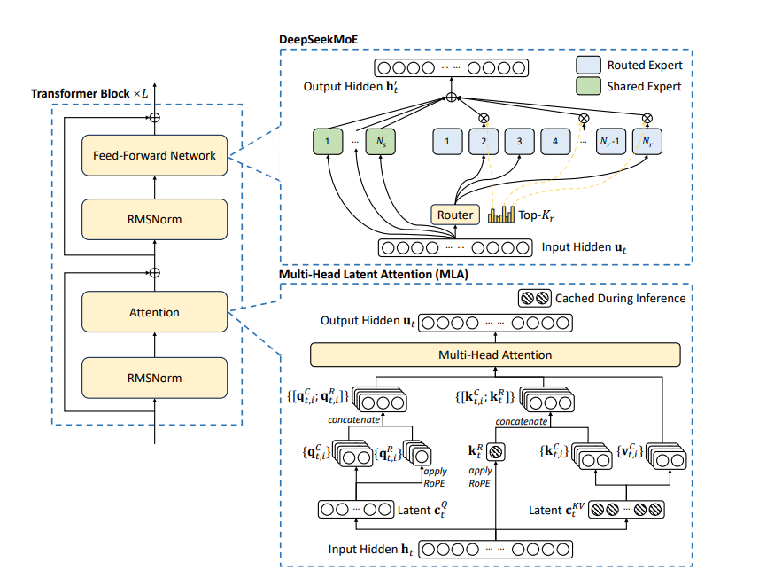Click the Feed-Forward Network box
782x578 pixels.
click(155, 155)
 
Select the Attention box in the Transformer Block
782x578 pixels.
click(155, 312)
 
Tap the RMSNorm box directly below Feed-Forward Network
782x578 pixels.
click(155, 219)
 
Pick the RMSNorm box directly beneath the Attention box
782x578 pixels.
click(155, 378)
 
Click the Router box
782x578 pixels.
click(455, 215)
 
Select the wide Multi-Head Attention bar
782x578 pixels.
click(495, 355)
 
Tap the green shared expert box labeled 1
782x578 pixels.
click(328, 141)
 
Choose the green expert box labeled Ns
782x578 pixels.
click(381, 141)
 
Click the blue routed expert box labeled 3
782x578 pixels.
click(519, 141)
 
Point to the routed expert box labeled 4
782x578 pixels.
click(555, 141)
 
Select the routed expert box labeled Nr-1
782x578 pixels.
click(611, 141)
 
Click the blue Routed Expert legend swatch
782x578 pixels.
click(589, 65)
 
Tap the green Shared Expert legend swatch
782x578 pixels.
click(589, 86)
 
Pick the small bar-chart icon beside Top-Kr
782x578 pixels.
click(501, 215)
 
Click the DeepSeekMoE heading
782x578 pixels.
click(318, 39)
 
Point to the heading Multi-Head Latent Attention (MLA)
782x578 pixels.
click(374, 274)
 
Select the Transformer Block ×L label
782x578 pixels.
click(89, 93)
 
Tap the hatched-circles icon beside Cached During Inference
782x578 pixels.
click(535, 298)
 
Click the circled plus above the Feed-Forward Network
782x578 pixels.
click(155, 118)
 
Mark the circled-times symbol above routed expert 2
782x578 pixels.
click(484, 118)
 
